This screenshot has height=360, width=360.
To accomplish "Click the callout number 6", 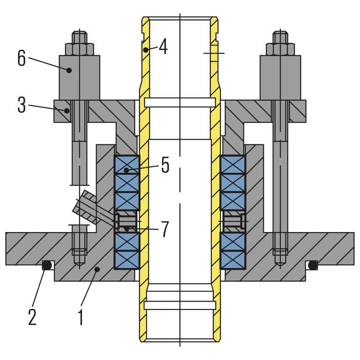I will pyautogui.click(x=21, y=59).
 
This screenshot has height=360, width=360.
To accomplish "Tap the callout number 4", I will pyautogui.click(x=163, y=47).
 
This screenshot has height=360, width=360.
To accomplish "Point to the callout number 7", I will pyautogui.click(x=165, y=229).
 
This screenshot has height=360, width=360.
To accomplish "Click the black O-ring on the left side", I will pyautogui.click(x=46, y=265).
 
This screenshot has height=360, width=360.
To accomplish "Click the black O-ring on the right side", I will pyautogui.click(x=312, y=265).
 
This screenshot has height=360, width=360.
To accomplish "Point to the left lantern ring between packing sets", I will pyautogui.click(x=127, y=221).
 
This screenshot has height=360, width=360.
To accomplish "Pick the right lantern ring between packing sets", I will pyautogui.click(x=232, y=221).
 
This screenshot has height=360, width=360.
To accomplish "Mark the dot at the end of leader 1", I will pyautogui.click(x=96, y=269).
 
